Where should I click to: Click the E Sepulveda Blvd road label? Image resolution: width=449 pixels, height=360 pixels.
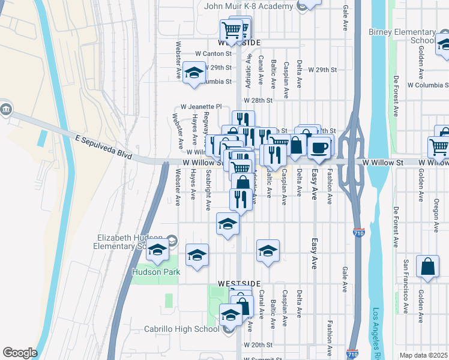(103, 147)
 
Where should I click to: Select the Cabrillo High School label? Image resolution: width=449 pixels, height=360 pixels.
(181, 329)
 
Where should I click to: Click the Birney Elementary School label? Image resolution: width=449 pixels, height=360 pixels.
(402, 36)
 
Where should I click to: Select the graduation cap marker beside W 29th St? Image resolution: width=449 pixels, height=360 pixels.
(194, 74)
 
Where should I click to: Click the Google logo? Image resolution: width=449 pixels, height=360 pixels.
(20, 353)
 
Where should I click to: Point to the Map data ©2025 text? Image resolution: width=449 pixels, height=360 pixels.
(423, 355)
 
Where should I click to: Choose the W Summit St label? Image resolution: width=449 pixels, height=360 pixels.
(256, 359)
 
